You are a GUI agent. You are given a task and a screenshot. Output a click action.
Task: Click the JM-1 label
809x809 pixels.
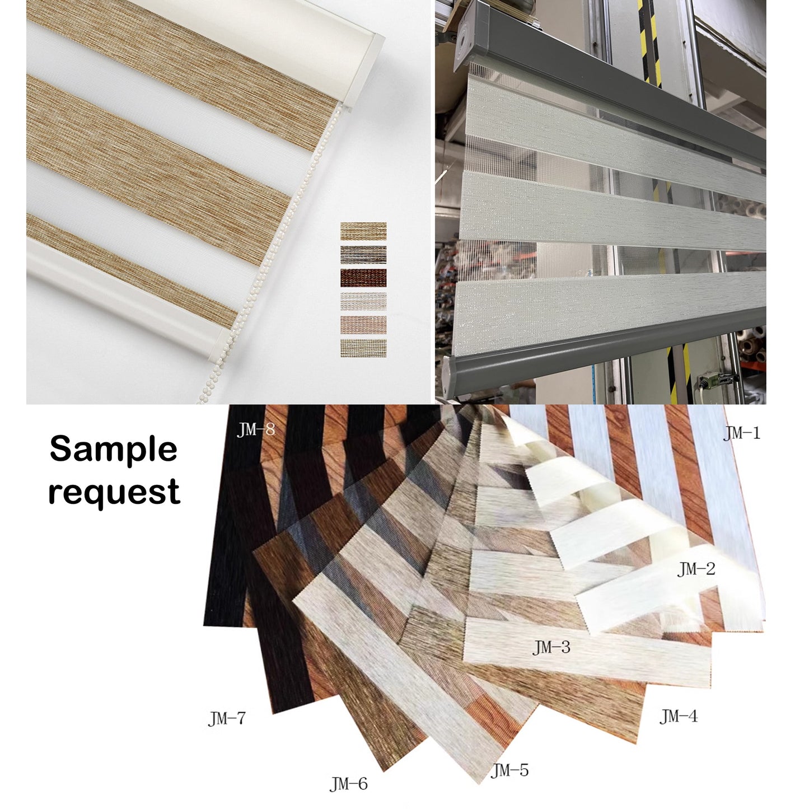coord(741,433)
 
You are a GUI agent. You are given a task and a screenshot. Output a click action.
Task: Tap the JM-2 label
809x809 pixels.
coord(696,569)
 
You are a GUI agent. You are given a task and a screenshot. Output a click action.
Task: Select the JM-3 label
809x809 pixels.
coord(551,647)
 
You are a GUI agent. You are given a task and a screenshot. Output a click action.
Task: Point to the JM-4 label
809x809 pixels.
coord(679,716)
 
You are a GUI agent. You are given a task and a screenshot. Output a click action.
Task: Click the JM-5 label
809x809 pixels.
coord(509,770)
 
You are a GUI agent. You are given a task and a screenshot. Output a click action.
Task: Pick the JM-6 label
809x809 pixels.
coord(348,784)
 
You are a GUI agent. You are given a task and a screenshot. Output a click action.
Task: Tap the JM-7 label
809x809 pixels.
coord(227,719)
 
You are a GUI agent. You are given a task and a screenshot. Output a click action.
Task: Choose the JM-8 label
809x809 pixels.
coord(256,429)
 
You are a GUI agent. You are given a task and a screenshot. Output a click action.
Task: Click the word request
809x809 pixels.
coord(114,493)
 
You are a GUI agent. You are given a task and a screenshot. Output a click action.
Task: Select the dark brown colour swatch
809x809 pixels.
coord(363,278)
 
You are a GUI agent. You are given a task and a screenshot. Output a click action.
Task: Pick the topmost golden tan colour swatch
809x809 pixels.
coord(363,231)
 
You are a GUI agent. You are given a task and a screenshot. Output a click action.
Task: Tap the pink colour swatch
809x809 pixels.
coord(363,325)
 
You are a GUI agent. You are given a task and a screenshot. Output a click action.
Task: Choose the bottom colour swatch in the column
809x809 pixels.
coord(363,348)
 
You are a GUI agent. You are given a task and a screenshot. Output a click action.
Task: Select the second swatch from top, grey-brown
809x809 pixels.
coord(363,255)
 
